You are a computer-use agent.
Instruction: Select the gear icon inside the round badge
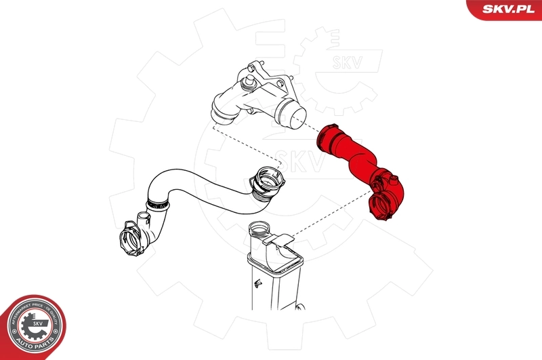click(x=31, y=324)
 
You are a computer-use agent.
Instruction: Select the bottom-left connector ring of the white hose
click(x=132, y=237)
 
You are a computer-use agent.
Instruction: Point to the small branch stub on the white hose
click(x=144, y=219)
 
